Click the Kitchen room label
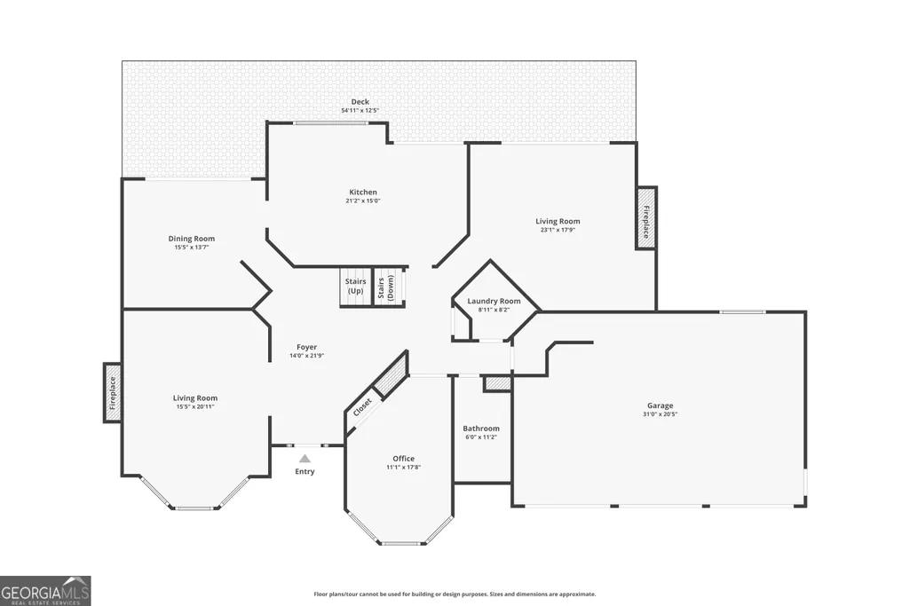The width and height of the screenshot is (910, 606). tap(363, 192)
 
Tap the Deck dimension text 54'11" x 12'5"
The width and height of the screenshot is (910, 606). tap(360, 110)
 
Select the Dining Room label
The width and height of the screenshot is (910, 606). tap(192, 239)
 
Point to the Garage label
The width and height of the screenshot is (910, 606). tap(661, 406)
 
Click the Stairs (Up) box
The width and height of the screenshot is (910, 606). tap(355, 286)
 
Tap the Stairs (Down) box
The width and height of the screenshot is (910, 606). tap(388, 286)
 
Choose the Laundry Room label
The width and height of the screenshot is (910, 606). tap(494, 301)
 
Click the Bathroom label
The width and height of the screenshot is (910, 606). tap(481, 429)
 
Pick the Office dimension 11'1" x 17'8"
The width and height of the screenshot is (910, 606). tap(403, 467)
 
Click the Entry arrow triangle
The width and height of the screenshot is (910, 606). tap(305, 459)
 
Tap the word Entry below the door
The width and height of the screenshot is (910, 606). tap(305, 471)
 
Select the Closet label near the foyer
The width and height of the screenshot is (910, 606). tap(362, 407)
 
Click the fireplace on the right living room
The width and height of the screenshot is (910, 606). tap(646, 218)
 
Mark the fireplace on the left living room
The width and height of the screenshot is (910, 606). tap(113, 392)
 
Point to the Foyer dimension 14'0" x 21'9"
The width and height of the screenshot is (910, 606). tap(306, 356)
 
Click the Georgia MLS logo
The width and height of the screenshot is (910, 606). tap(45, 591)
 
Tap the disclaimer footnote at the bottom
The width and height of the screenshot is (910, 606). tap(455, 594)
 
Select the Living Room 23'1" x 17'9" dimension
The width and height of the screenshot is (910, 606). tap(558, 230)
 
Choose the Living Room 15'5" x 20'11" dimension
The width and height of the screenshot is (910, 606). tap(195, 406)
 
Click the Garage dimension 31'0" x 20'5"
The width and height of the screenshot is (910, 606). tap(661, 414)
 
